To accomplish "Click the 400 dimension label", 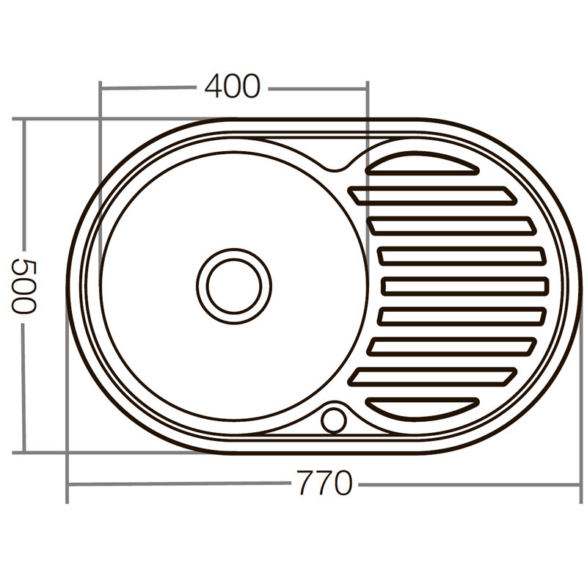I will point(232,87).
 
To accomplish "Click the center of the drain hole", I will point(233,285).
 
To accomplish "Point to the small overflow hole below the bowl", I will point(333,420).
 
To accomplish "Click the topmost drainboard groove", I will point(421,164).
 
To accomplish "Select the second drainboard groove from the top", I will point(432,195).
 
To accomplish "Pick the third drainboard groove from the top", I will point(452,225).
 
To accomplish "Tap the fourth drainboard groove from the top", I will point(462,255).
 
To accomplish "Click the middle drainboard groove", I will point(465,285).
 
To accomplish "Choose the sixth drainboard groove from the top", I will point(462,316).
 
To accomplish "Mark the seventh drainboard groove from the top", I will point(452,346).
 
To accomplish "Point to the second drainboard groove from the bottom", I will point(432,376).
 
